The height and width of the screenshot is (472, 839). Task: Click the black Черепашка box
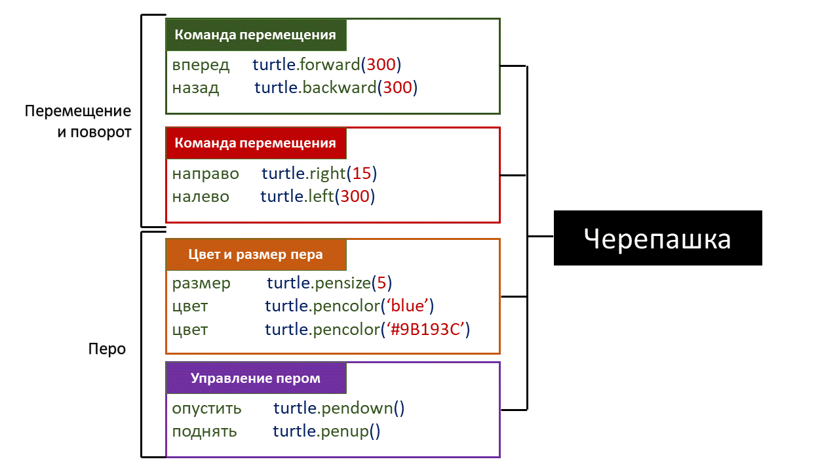[x=657, y=238]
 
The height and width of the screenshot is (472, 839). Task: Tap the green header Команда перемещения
[x=256, y=35]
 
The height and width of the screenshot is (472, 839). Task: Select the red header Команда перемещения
[x=256, y=144]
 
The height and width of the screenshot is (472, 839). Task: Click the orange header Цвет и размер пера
[x=256, y=254]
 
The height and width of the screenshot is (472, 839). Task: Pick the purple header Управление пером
[x=256, y=378]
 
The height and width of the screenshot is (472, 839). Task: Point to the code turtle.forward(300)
[x=326, y=65]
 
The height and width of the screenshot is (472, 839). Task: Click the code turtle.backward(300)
[x=336, y=87]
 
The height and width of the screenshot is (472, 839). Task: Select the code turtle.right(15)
[x=319, y=174]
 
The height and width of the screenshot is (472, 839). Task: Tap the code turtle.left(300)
[x=317, y=196]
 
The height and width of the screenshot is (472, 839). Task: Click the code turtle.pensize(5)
[x=329, y=283]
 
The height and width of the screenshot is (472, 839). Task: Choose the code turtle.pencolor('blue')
[x=349, y=306]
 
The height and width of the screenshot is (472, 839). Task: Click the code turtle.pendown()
[x=339, y=408]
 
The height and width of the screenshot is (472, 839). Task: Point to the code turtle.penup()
[x=326, y=431]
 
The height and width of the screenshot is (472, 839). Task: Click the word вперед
[x=201, y=65]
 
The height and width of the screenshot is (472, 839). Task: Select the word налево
[x=201, y=196]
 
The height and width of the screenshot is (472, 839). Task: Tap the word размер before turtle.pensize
[x=201, y=283]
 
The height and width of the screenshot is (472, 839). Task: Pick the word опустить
[x=206, y=408]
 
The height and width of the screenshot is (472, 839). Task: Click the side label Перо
[x=107, y=349]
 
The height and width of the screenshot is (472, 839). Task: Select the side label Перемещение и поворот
[x=79, y=121]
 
